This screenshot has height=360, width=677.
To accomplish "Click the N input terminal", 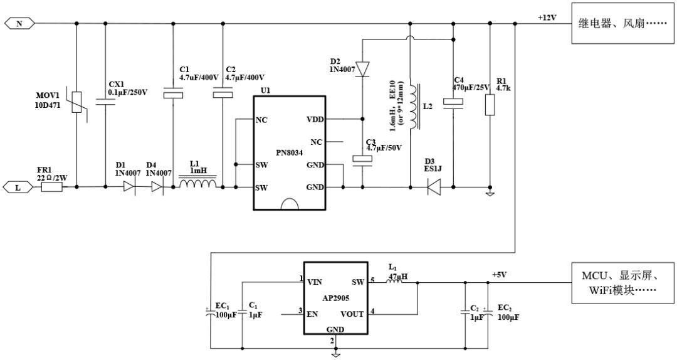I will (x=19, y=24).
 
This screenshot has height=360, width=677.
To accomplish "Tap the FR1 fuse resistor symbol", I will (x=51, y=187).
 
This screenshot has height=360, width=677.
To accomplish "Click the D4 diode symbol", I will (x=157, y=187).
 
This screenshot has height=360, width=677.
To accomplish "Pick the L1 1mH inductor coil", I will (x=198, y=184).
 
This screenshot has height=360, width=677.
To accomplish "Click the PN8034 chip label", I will (x=290, y=152).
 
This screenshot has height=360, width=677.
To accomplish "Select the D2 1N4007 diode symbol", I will (x=363, y=68).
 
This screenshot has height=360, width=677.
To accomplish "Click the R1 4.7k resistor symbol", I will (x=491, y=105).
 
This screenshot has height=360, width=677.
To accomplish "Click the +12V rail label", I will (x=547, y=18).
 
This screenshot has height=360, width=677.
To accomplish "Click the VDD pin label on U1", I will (x=315, y=119).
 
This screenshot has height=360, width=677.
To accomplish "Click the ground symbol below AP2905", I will (x=336, y=354).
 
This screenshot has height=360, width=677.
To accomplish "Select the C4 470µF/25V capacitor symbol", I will (x=452, y=102).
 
